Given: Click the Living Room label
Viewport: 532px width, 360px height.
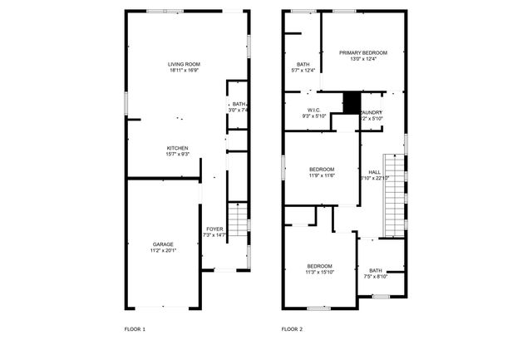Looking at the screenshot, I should tap(184, 64).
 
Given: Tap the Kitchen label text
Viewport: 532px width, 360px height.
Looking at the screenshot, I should tap(177, 148).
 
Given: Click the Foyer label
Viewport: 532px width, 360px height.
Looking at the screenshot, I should tap(214, 229).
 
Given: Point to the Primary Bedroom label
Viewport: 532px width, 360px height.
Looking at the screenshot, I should tap(363, 52).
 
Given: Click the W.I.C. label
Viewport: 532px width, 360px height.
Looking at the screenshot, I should tap(313, 111).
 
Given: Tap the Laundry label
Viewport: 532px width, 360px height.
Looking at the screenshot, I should tap(372, 112).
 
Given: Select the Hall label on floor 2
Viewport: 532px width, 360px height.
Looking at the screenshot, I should tap(374, 171).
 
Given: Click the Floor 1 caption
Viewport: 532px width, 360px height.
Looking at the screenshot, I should tap(135, 329).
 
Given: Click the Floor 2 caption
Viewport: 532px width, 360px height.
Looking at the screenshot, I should tap(292, 329).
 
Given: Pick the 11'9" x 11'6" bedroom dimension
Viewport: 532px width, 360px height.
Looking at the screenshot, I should tap(322, 175).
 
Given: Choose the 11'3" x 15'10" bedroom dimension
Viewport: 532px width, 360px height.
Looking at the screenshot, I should tap(318, 272).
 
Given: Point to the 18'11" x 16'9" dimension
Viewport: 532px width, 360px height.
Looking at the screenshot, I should tap(184, 71).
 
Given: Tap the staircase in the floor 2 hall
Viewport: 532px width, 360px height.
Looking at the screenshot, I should tap(392, 195).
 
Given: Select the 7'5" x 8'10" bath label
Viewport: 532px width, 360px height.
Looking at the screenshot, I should tap(376, 276).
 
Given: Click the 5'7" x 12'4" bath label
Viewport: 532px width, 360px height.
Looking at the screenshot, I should tap(303, 71).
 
